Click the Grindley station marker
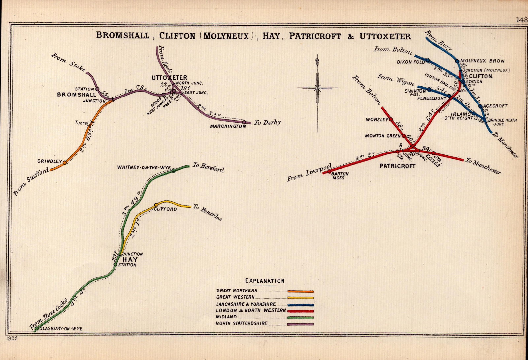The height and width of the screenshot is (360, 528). click(65, 162)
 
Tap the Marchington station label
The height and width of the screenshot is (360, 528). click(228, 126)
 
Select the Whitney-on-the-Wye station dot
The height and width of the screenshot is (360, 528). click(173, 170)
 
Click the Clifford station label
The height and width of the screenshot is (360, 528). click(165, 209)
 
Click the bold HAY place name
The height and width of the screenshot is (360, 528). click(130, 260)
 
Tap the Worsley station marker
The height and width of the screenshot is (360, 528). click(391, 119)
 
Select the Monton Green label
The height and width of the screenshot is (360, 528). click(382, 136)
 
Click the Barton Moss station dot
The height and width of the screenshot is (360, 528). click(329, 171)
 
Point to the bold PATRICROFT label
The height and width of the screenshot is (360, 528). click(397, 166)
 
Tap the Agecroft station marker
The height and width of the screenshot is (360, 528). click(480, 106)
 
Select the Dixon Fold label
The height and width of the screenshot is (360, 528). click(411, 62)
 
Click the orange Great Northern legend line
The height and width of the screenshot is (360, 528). click(301, 291)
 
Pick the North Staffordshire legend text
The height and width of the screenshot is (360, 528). click(242, 323)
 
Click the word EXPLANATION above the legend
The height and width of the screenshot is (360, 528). click(265, 281)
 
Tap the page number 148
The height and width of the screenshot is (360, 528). click(522, 20)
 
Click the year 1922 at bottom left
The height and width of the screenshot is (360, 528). click(12, 338)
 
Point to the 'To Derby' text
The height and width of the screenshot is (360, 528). click(268, 122)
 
